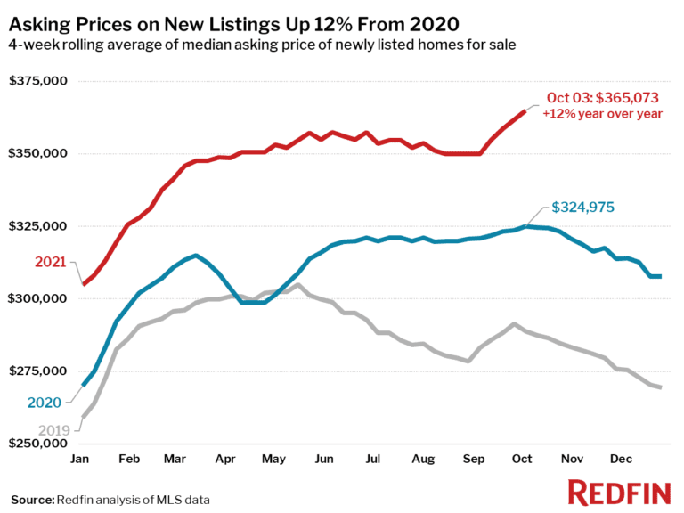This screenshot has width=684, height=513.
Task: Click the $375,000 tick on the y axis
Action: tap(38, 81)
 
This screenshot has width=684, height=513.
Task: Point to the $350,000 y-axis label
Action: tap(38, 153)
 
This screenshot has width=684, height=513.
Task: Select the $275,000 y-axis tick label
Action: tap(38, 370)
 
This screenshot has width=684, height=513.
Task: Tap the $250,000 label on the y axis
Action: tap(38, 443)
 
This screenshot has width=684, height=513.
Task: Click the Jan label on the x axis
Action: tap(80, 459)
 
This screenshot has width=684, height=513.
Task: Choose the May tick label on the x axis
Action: tap(273, 459)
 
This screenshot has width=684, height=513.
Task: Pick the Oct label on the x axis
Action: tap(521, 459)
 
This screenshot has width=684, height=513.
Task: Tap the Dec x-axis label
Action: tap(620, 459)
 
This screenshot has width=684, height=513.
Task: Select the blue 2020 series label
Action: tap(45, 403)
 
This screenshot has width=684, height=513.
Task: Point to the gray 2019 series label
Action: tap(53, 430)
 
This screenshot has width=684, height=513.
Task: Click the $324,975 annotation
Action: tap(583, 208)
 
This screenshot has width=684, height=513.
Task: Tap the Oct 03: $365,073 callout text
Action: tap(604, 99)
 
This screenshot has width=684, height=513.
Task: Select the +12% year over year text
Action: tap(602, 115)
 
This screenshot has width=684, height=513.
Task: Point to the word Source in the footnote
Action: tap(32, 499)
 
